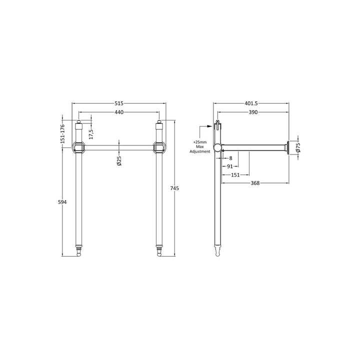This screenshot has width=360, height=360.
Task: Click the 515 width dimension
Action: (119, 103)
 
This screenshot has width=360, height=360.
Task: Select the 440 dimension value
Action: (119, 112)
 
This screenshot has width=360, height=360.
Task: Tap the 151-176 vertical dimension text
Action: (62, 133)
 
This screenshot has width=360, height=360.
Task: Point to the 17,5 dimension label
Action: (91, 134)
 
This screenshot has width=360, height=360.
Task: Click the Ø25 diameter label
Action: (119, 160)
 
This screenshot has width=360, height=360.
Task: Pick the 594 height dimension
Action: (62, 202)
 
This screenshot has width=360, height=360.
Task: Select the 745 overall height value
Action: (174, 188)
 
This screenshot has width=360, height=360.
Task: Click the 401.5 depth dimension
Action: (251, 103)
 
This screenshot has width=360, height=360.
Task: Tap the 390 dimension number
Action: (253, 112)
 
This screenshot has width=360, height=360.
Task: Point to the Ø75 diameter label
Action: (298, 147)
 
